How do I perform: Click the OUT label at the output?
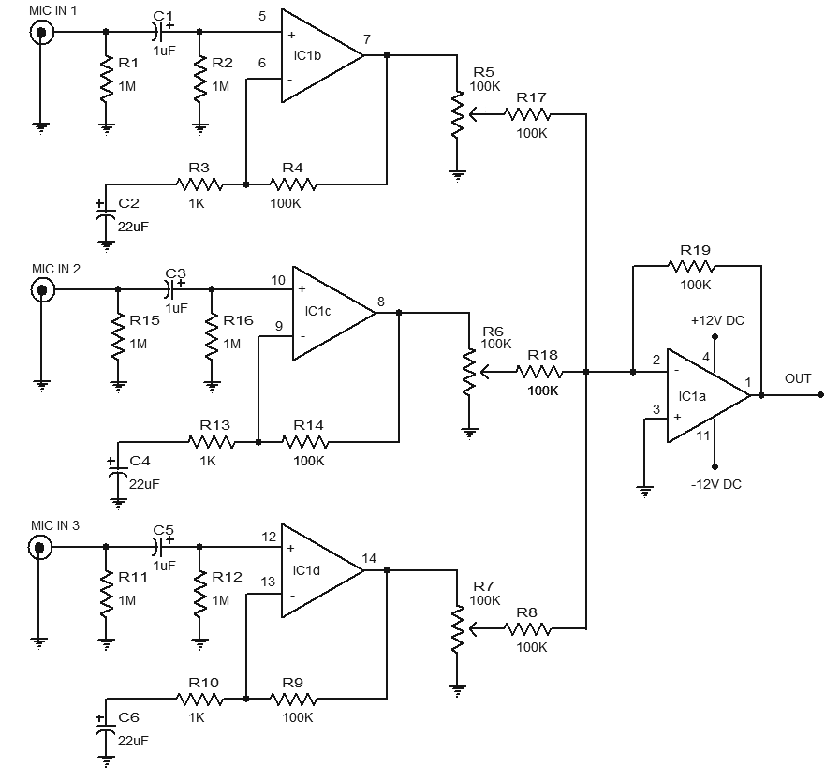pos(798,379)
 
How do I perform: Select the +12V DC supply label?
pos(717,320)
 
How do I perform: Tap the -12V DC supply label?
pos(716,484)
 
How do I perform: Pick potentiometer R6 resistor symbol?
pos(468,373)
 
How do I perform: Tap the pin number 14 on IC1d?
pos(369,559)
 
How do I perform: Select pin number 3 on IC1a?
pos(656,409)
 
